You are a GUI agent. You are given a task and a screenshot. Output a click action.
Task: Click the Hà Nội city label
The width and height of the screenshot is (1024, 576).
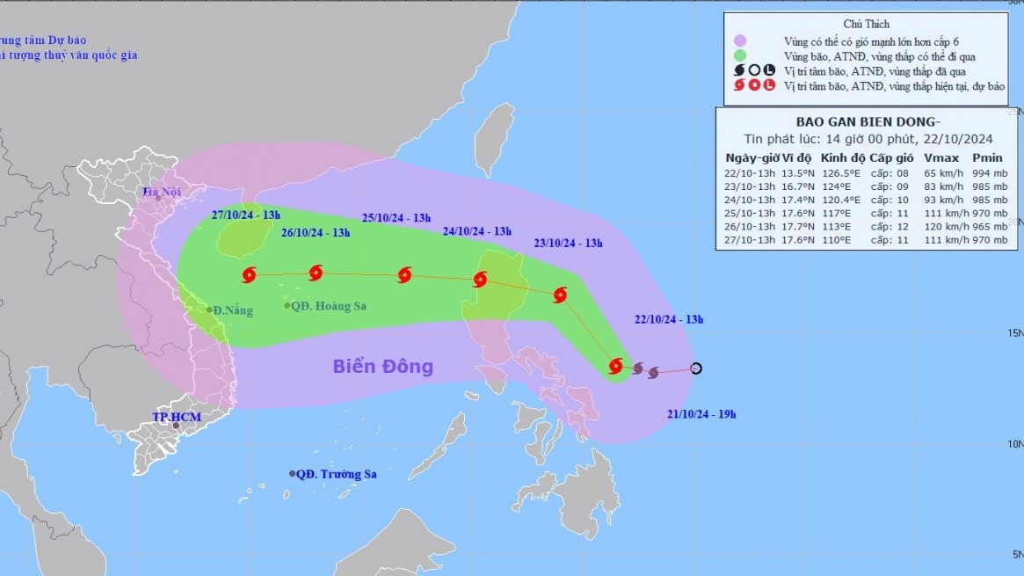click(163, 193)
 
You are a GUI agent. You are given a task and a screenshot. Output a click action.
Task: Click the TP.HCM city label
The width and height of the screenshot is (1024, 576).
click(176, 416)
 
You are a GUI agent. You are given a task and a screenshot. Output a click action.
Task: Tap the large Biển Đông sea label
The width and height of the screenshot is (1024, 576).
click(382, 367)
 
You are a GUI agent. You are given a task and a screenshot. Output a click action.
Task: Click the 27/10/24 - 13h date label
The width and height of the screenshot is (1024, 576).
click(246, 215)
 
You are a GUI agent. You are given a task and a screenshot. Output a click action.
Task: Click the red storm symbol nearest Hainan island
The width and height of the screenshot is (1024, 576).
click(248, 275)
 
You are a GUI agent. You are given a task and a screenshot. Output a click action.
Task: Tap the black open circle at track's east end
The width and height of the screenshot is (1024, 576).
click(696, 368)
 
